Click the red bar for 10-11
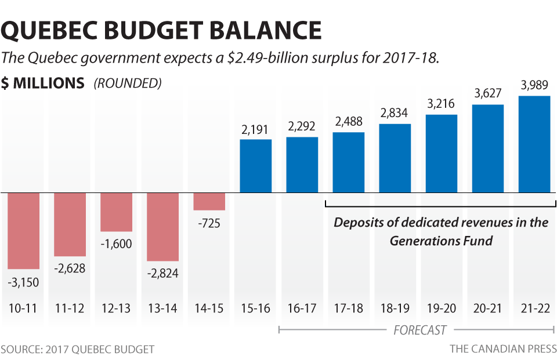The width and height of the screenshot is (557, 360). click(23, 230)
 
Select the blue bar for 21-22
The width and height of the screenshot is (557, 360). click(534, 144)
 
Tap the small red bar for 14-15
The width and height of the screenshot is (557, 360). click(209, 201)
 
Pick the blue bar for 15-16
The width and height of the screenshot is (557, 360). click(255, 166)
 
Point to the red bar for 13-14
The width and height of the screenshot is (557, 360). click(162, 227)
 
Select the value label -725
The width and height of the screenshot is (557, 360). click(209, 223)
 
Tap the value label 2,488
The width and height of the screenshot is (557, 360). click(349, 122)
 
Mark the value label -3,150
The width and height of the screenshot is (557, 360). click(23, 282)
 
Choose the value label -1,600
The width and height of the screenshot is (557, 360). click(116, 243)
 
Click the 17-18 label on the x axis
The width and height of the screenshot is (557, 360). click(349, 308)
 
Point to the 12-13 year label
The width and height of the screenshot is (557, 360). click(116, 308)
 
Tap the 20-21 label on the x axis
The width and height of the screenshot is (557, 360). click(488, 308)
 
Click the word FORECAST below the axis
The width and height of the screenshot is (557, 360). click(419, 330)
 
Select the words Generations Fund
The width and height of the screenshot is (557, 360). click(441, 241)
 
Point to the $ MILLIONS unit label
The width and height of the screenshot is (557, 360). click(43, 83)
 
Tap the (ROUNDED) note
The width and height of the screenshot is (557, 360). click(128, 83)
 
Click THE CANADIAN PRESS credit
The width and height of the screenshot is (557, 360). click(503, 349)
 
